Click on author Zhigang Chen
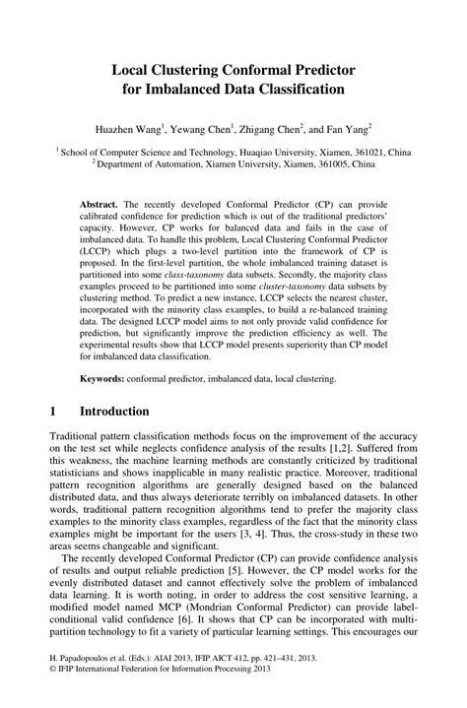[266, 128]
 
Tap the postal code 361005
[322, 165]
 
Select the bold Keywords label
[103, 377]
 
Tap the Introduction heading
[114, 411]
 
